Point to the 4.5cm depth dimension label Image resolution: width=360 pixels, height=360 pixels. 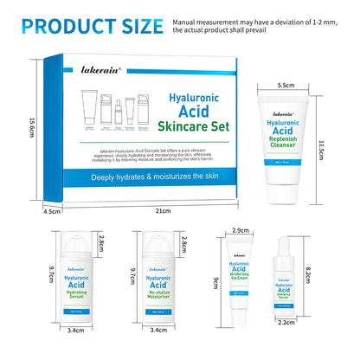click(51, 210)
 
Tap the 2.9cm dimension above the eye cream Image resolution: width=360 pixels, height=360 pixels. click(241, 232)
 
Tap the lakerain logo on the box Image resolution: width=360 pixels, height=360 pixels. click(80, 67)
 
